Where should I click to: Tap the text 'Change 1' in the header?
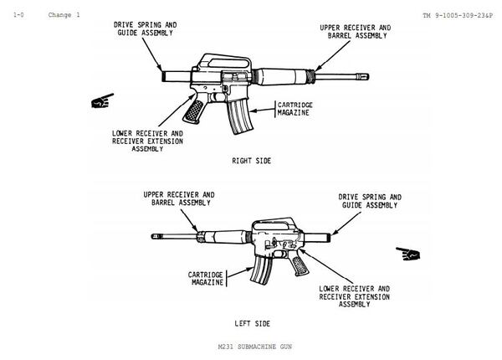[64, 15]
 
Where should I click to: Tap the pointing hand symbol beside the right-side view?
[103, 103]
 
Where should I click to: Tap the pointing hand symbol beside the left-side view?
[408, 253]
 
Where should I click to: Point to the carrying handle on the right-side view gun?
[213, 60]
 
